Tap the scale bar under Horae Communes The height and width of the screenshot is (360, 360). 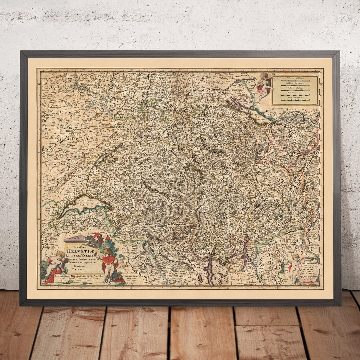click(295, 100)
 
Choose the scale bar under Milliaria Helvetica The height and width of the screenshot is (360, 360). click(295, 80)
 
